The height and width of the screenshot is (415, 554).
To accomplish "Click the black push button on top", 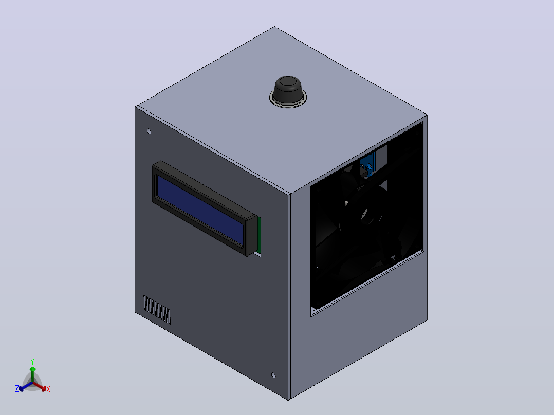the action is click(x=288, y=89).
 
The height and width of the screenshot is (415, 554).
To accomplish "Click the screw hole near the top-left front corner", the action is click(x=149, y=131).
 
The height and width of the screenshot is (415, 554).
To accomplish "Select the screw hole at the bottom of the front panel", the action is click(x=273, y=375).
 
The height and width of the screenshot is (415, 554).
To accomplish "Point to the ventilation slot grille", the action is click(x=157, y=310).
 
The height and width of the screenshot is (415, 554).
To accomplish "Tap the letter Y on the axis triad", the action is click(x=32, y=362).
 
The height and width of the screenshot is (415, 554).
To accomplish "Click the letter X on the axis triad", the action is click(x=48, y=389).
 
